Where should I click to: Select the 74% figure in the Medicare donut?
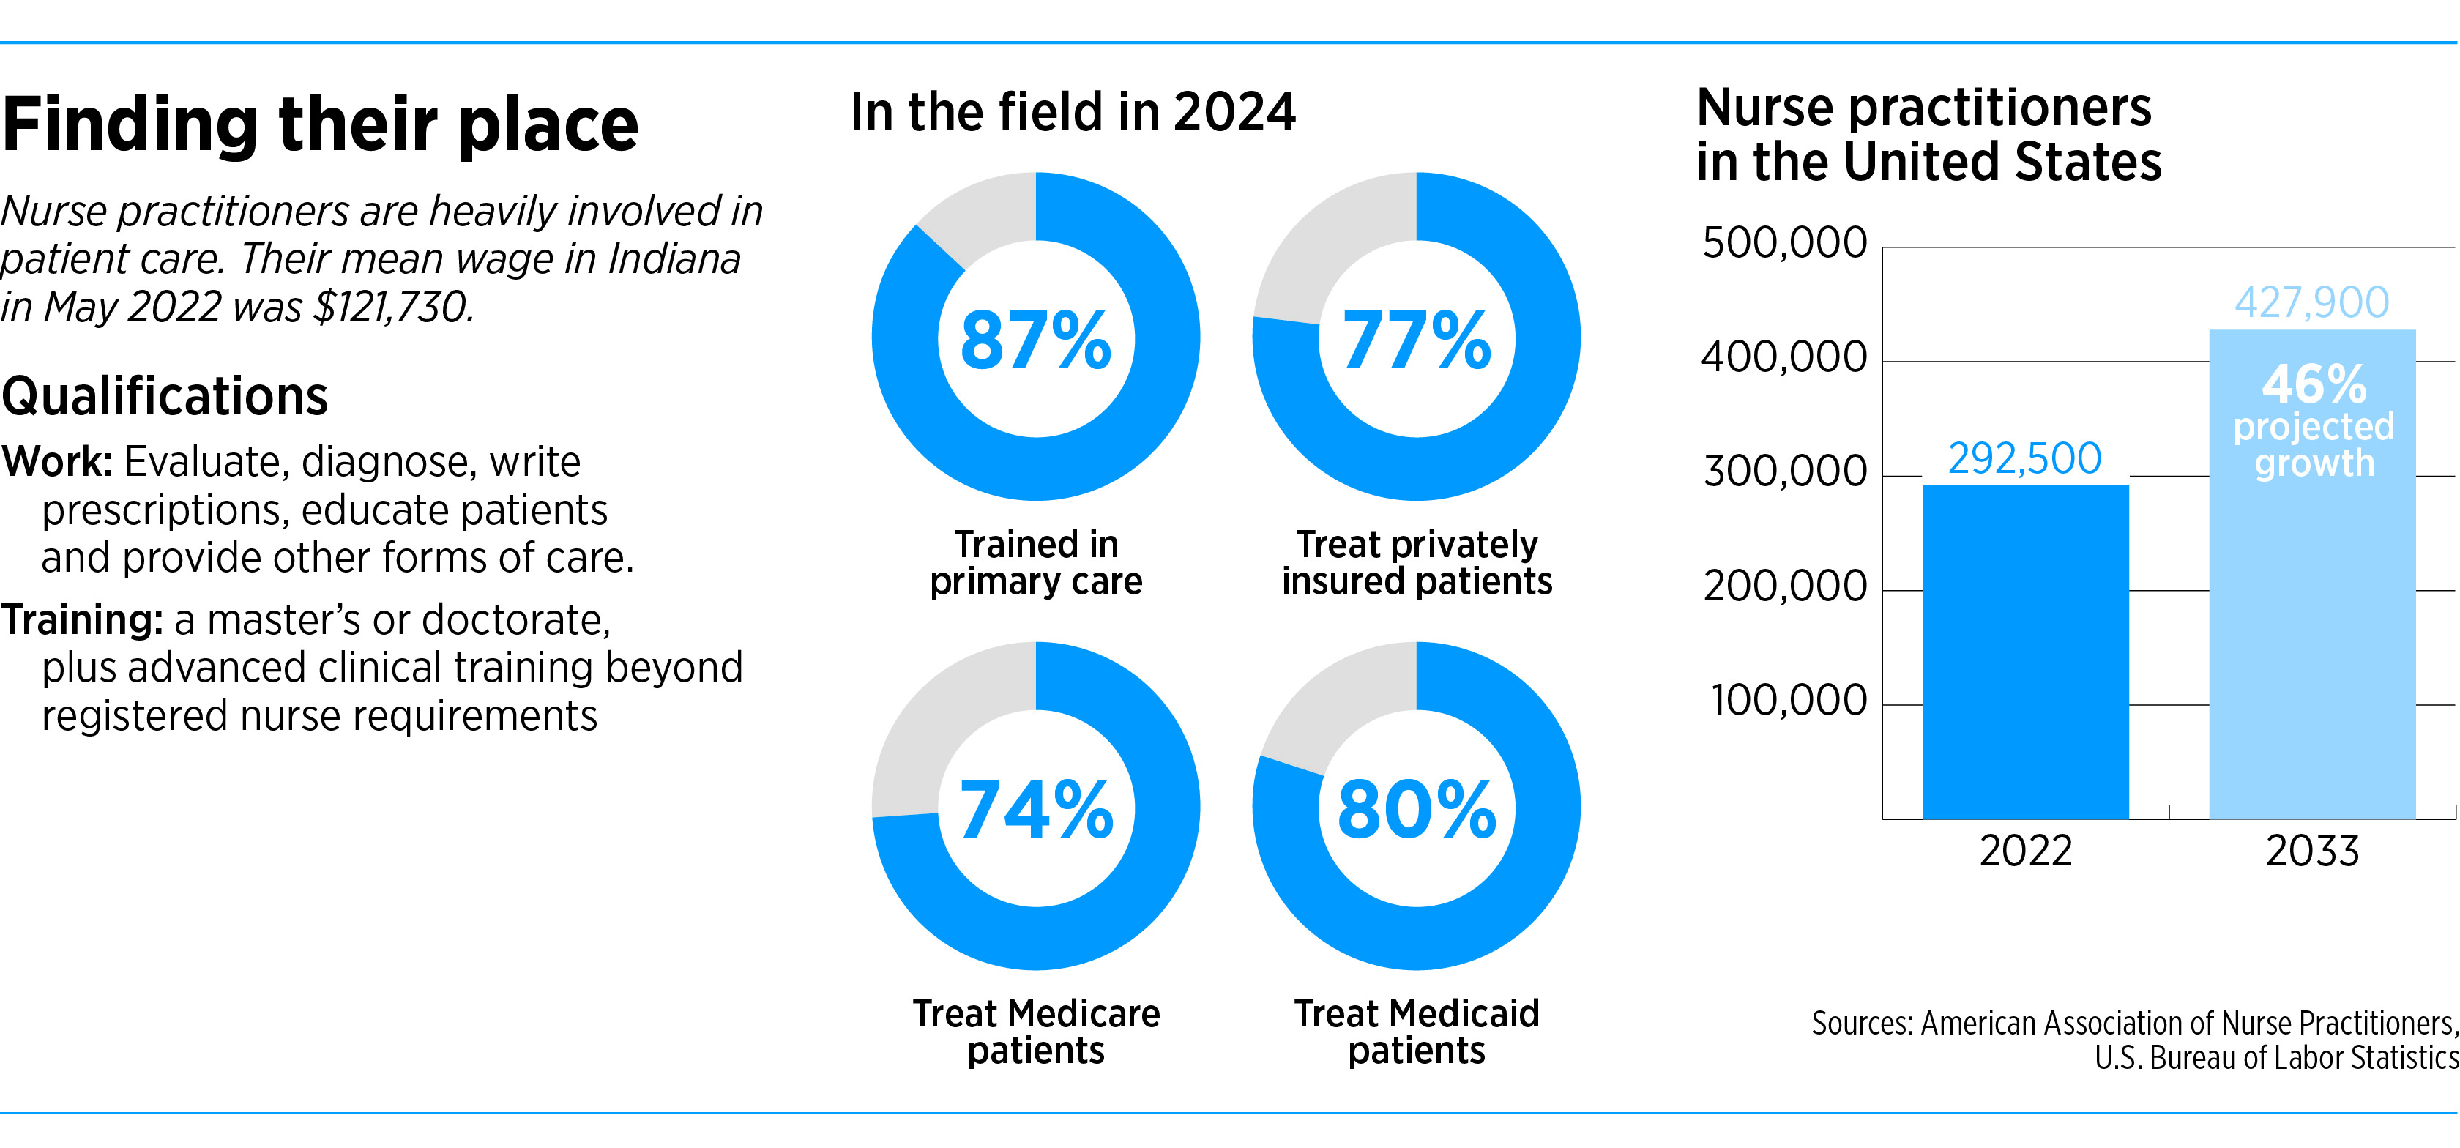pyautogui.click(x=1036, y=810)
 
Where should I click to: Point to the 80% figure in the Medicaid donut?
pyautogui.click(x=1417, y=810)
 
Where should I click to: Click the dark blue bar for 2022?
pyautogui.click(x=2026, y=652)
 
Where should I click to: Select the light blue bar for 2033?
pyautogui.click(x=2312, y=574)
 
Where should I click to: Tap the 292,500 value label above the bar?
pyautogui.click(x=2024, y=458)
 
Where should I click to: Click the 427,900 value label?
pyautogui.click(x=2312, y=303)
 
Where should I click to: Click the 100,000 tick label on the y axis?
pyautogui.click(x=1789, y=700)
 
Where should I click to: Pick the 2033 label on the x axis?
pyautogui.click(x=2312, y=851)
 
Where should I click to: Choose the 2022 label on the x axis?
pyautogui.click(x=2026, y=851)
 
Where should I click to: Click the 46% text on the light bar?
pyautogui.click(x=2314, y=384)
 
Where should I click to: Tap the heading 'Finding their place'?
pyautogui.click(x=320, y=124)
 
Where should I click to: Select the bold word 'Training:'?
pyautogui.click(x=82, y=620)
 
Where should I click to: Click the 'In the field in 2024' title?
pyautogui.click(x=1073, y=112)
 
